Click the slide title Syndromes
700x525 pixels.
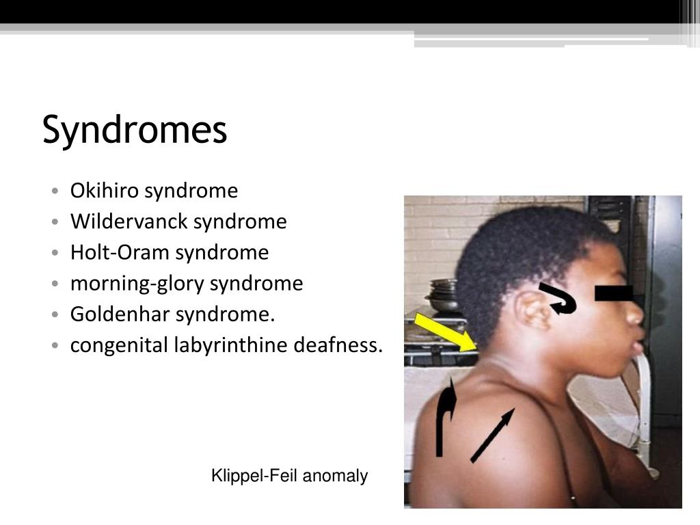click(x=134, y=130)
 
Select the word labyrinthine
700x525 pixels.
click(x=230, y=346)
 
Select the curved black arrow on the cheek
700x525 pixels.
click(x=559, y=299)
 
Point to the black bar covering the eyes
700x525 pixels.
click(x=614, y=293)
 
